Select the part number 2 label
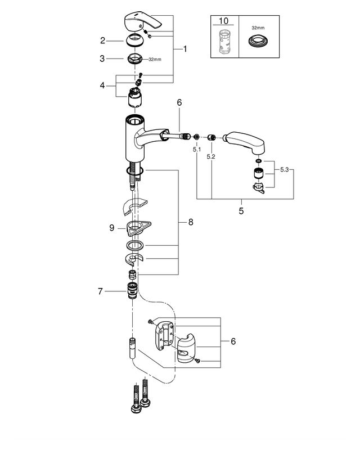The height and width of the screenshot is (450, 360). pos(102,40)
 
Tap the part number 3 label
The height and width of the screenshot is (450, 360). pos(102,58)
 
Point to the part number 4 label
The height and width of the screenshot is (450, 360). pos(102,85)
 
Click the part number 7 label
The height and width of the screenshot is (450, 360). pos(100,291)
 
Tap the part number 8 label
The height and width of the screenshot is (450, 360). pos(190,223)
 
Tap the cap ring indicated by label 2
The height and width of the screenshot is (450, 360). pos(135,41)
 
